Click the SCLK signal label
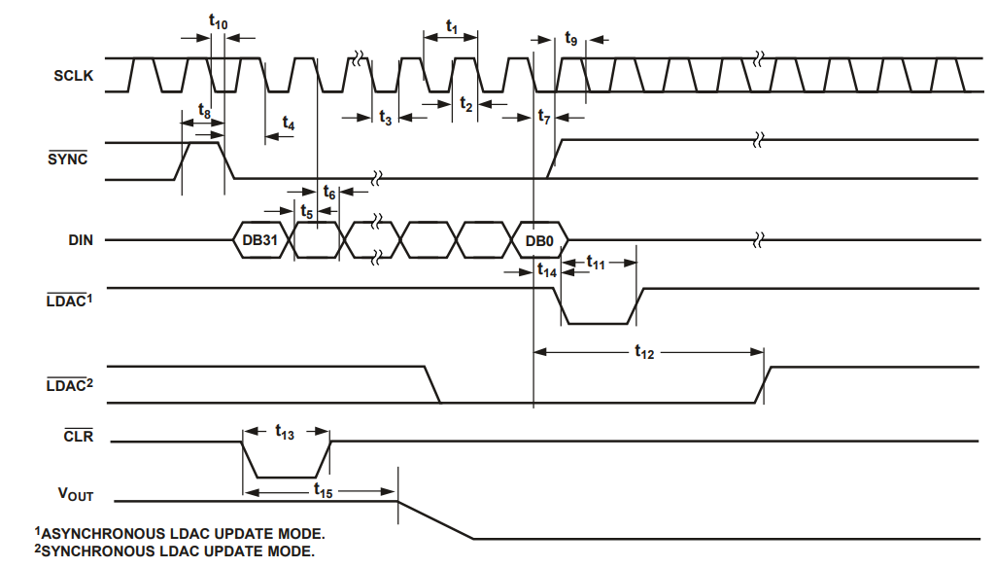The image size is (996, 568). click(74, 76)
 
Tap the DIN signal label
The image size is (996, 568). click(79, 239)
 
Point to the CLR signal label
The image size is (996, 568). click(78, 437)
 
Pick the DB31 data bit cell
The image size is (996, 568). click(261, 239)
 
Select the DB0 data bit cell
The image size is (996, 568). click(539, 239)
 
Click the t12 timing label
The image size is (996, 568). click(644, 353)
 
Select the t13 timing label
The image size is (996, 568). click(285, 434)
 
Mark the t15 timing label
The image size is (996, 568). click(324, 492)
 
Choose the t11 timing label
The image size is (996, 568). click(596, 263)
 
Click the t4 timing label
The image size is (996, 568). click(289, 124)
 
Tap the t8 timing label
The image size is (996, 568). click(203, 112)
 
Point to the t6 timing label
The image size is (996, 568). click(329, 194)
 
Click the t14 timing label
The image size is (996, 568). click(548, 272)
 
